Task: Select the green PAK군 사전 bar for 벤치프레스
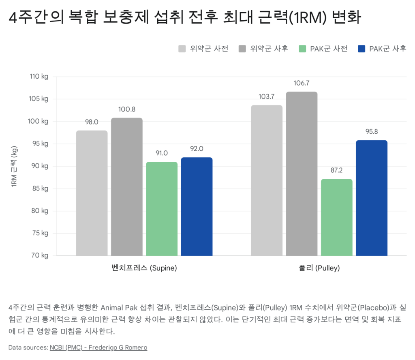[162, 209]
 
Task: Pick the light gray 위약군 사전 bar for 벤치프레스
[92, 193]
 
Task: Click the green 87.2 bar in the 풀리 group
[336, 217]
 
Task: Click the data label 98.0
[92, 122]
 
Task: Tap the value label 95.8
[372, 132]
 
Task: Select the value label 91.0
[162, 153]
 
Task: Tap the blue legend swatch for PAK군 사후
[362, 49]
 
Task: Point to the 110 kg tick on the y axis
[39, 77]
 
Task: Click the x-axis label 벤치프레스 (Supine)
[144, 268]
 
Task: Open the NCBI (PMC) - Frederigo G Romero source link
[98, 347]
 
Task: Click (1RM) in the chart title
[306, 17]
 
